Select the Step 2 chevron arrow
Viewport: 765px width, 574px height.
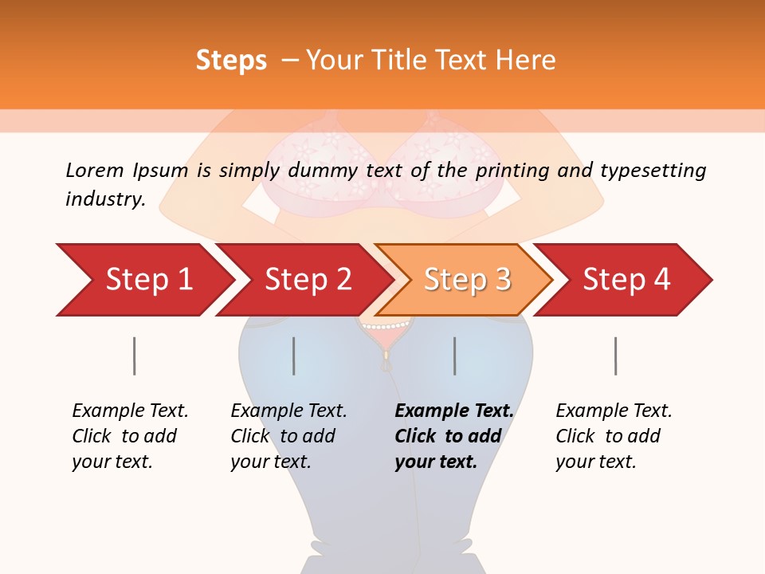307,280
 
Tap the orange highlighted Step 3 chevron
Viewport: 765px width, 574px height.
466,280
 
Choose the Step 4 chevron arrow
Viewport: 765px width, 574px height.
626,280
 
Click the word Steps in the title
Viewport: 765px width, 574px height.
231,61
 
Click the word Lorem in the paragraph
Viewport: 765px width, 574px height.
95,170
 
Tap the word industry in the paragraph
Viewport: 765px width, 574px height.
104,199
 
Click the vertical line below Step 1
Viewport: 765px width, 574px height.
134,356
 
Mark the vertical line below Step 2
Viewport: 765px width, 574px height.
294,356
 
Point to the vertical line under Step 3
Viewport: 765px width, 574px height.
455,356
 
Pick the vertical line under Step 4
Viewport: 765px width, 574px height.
615,356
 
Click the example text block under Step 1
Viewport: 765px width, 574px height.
129,436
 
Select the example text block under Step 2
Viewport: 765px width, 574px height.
288,436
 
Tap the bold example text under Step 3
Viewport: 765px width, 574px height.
453,436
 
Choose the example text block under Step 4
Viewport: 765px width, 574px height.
613,436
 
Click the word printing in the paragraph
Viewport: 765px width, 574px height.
508,170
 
